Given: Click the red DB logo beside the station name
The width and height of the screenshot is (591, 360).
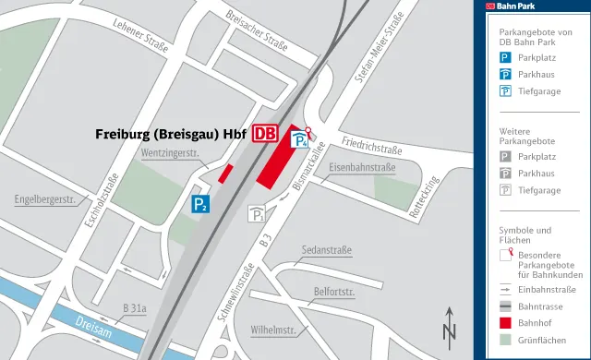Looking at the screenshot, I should (x=264, y=133).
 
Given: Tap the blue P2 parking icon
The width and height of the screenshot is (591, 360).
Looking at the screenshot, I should (x=199, y=204).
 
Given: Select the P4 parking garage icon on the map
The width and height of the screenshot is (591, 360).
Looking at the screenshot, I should (x=300, y=140).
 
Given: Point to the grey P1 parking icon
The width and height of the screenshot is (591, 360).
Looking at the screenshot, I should (x=256, y=215).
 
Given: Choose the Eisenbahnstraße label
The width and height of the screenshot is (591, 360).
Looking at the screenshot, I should (x=361, y=168).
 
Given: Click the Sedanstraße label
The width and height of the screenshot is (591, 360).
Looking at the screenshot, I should (x=327, y=250).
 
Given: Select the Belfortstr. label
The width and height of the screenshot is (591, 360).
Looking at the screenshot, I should (x=334, y=293).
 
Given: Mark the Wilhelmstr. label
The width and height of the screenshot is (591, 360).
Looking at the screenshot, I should (x=272, y=330).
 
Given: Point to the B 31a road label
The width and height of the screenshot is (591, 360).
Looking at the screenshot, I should (x=135, y=307).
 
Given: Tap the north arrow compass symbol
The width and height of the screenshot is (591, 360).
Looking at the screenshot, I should (x=449, y=324).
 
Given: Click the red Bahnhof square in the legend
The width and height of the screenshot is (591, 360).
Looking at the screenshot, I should (x=505, y=323).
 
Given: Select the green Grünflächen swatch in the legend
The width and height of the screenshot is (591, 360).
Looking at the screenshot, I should (x=505, y=341).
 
